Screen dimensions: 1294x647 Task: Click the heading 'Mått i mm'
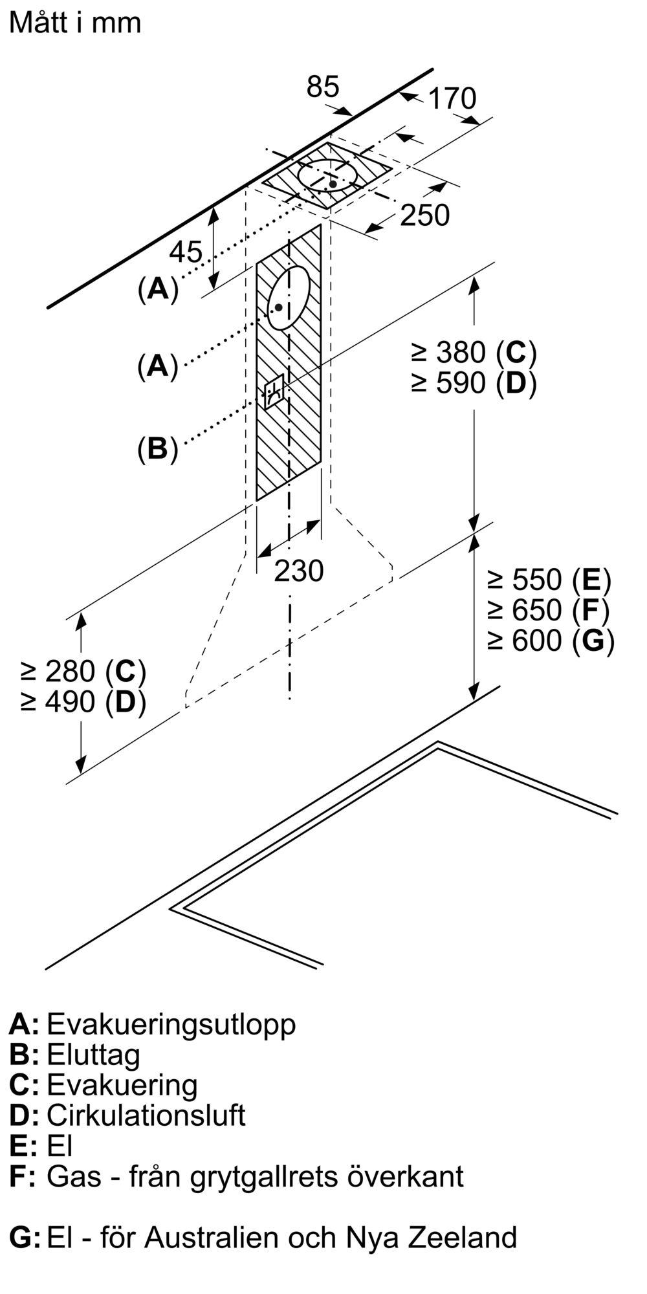pyautogui.click(x=75, y=23)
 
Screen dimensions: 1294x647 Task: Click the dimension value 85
pyautogui.click(x=323, y=87)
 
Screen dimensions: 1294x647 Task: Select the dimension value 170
pyautogui.click(x=452, y=98)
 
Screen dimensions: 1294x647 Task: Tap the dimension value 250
pyautogui.click(x=424, y=215)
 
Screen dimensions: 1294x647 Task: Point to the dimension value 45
pyautogui.click(x=186, y=252)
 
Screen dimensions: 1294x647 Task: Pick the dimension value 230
pyautogui.click(x=298, y=571)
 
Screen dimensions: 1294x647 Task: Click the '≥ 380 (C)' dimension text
pyautogui.click(x=474, y=353)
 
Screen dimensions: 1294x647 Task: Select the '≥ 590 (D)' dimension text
pyautogui.click(x=474, y=384)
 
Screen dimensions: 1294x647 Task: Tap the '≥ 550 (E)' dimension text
pyautogui.click(x=549, y=580)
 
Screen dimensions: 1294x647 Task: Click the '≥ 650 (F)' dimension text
pyautogui.click(x=549, y=610)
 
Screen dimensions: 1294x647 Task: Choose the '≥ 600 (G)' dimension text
pyautogui.click(x=551, y=641)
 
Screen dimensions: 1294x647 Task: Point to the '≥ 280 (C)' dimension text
pyautogui.click(x=83, y=672)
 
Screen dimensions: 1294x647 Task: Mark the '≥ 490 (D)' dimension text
pyautogui.click(x=83, y=702)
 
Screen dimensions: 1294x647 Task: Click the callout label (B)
pyautogui.click(x=157, y=448)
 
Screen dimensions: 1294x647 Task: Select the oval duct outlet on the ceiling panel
pyautogui.click(x=327, y=175)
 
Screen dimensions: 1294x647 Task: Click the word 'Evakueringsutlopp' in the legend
pyautogui.click(x=171, y=1024)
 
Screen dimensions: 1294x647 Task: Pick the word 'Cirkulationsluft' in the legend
pyautogui.click(x=146, y=1115)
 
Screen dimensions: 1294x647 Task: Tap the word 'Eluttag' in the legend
pyautogui.click(x=93, y=1055)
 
